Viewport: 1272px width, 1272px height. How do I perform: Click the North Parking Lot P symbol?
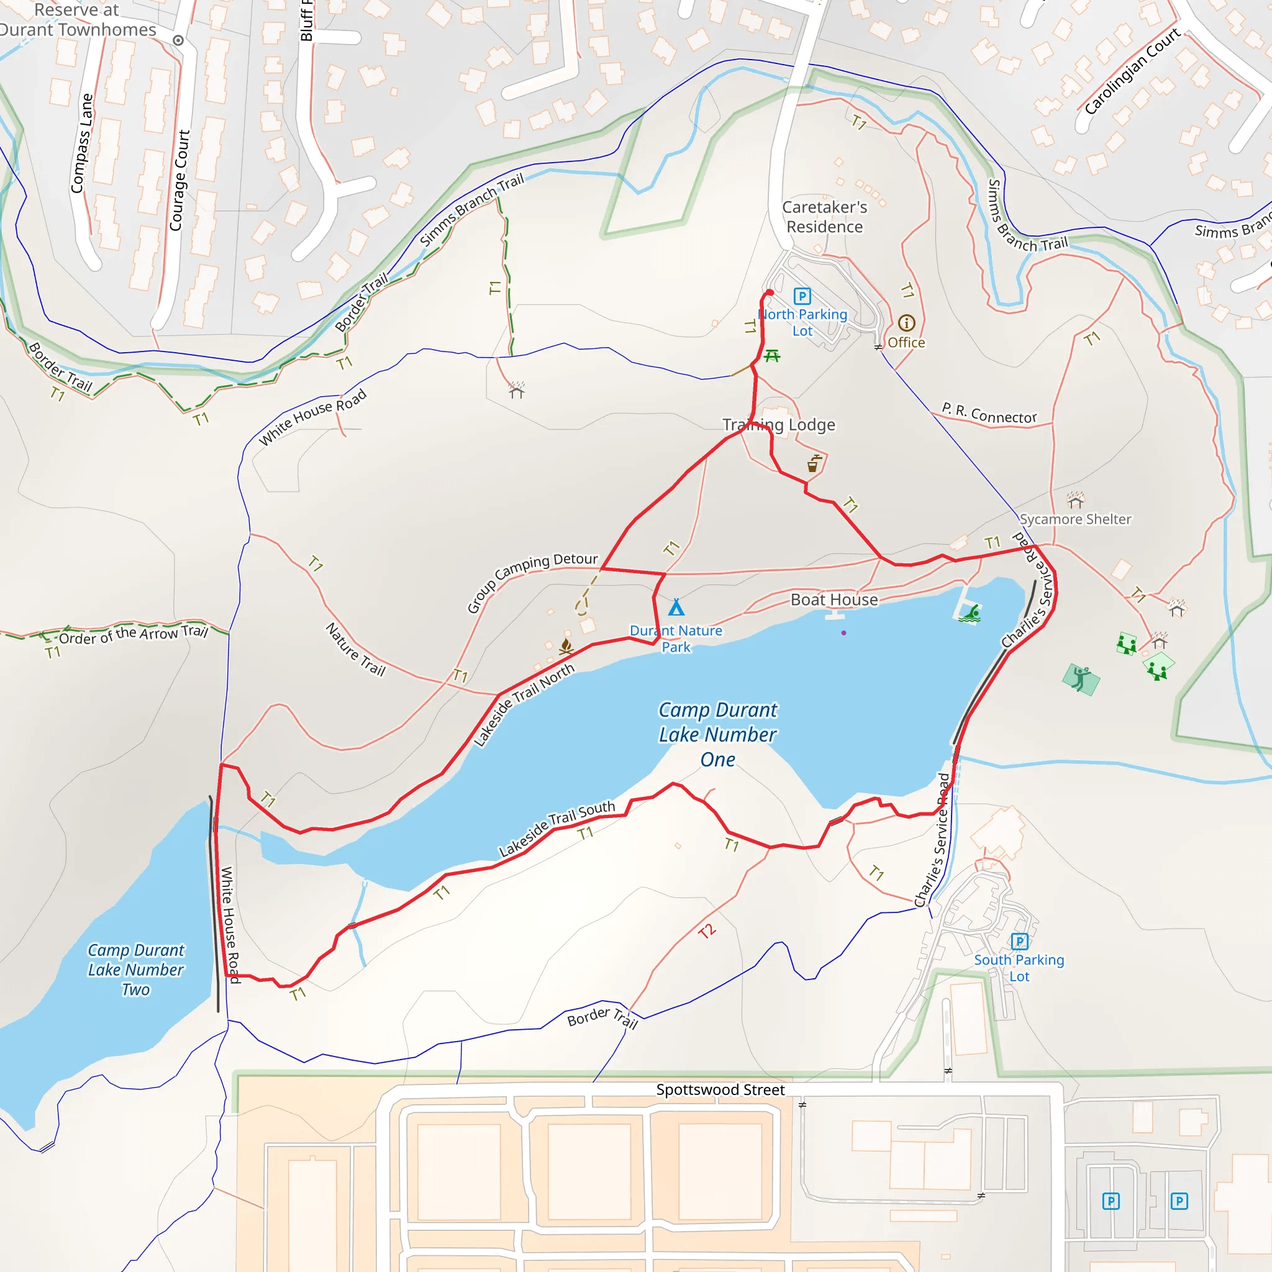pos(802,296)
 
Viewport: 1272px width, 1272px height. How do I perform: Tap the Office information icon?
pos(907,322)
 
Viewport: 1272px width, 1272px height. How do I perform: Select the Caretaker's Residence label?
pos(824,217)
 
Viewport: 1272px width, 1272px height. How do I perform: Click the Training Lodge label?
pos(779,425)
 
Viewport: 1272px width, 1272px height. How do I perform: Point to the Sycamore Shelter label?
pos(1075,519)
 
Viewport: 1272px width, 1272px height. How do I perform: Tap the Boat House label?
pos(834,599)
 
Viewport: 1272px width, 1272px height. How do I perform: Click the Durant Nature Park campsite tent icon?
pos(676,606)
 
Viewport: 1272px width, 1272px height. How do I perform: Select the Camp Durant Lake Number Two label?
pos(135,969)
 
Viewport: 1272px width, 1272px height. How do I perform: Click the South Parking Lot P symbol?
pos(1019,942)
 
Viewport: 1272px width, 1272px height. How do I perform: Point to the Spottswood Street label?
pos(720,1089)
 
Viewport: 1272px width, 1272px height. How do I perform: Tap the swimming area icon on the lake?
pos(970,614)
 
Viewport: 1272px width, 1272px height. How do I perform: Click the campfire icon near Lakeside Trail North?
pos(566,646)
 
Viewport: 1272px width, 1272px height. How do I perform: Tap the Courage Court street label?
pos(179,180)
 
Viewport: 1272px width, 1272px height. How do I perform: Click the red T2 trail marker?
pos(706,931)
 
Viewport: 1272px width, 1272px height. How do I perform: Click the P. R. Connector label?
pos(989,413)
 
